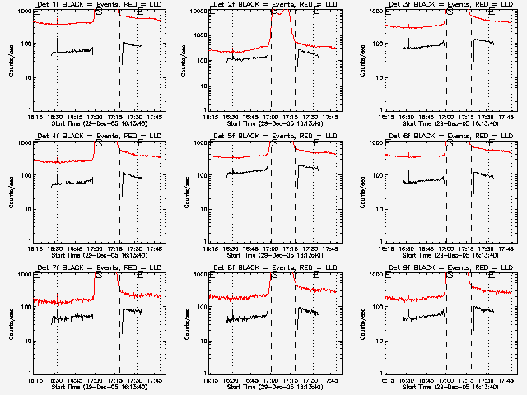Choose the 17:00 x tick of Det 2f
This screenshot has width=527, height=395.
[271, 117]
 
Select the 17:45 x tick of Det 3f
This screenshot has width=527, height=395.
[506, 117]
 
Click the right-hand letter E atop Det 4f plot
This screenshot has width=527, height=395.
[140, 144]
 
